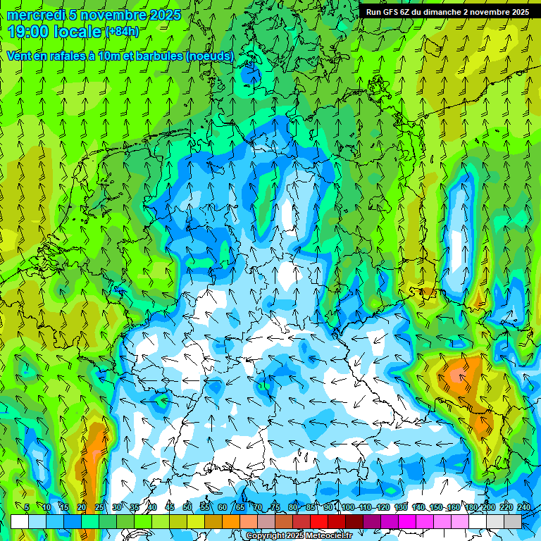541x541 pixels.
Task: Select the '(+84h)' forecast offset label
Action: [x=122, y=32]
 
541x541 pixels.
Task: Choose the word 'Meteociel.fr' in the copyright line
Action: [x=328, y=536]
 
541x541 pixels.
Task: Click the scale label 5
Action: [x=27, y=507]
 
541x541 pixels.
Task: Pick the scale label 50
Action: [x=187, y=507]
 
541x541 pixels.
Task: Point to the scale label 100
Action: [x=348, y=507]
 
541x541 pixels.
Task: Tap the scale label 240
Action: [x=524, y=507]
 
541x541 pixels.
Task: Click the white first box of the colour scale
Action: [x=20, y=521]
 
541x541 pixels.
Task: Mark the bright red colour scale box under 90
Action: [x=319, y=521]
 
